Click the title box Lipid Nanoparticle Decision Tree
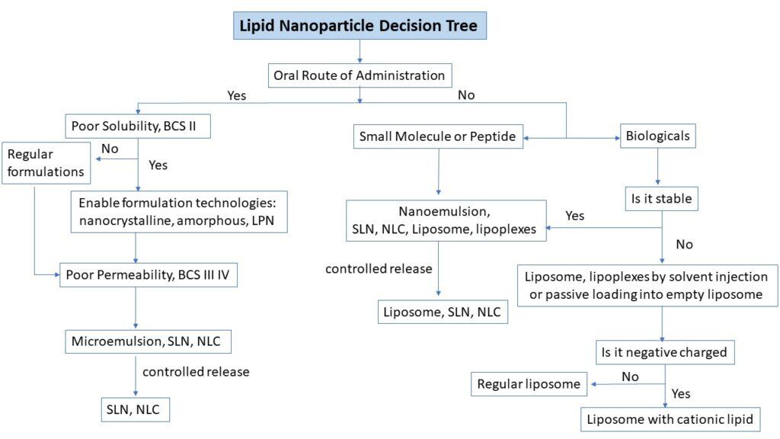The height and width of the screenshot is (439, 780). [x=359, y=25]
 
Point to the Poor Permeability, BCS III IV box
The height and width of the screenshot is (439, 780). [x=149, y=274]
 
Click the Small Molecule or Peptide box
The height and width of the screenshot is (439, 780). [x=437, y=137]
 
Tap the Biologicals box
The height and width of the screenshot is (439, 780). [x=658, y=137]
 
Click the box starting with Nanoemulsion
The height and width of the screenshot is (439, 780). [x=446, y=220]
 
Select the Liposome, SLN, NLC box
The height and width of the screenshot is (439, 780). [x=443, y=311]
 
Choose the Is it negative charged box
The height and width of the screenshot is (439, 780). [x=666, y=352]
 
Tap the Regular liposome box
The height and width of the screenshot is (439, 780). [x=529, y=384]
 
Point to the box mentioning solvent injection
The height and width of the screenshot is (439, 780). [x=647, y=285]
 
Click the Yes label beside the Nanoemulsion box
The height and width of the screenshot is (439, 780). [x=575, y=216]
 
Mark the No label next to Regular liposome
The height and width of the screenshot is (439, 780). [x=630, y=376]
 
